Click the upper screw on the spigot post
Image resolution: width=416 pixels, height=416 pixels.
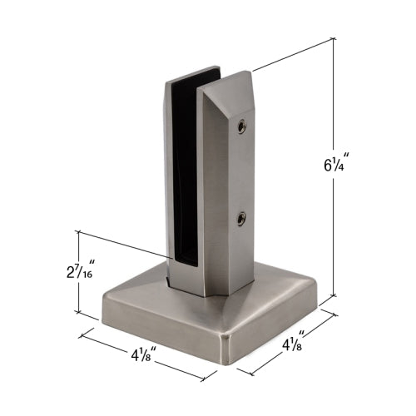click(240, 126)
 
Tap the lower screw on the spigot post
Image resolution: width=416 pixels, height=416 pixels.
click(240, 219)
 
